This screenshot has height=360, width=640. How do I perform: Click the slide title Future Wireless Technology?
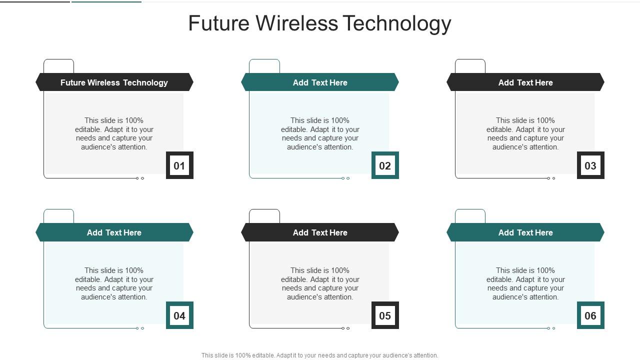(319, 23)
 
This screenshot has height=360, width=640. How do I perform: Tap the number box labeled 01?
(179, 165)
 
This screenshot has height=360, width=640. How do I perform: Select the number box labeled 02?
(385, 165)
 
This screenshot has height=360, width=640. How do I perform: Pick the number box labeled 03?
(590, 165)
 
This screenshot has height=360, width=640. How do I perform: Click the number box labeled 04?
(179, 315)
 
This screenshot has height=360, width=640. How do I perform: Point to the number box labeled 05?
(385, 315)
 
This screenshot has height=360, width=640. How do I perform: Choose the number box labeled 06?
(590, 315)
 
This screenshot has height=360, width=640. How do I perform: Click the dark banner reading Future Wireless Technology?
(114, 82)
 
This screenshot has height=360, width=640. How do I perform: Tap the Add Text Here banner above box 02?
(320, 82)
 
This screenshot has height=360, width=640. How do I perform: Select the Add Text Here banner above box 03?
(525, 82)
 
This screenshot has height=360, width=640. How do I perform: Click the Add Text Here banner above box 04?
(114, 232)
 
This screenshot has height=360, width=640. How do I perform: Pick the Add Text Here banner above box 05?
(320, 232)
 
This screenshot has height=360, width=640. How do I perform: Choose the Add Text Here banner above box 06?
(525, 232)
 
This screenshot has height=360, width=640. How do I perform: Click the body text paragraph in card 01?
(114, 133)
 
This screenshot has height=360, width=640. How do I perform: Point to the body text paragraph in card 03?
(525, 133)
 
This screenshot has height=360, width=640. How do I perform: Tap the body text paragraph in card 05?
(320, 283)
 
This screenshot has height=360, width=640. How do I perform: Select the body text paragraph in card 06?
(525, 283)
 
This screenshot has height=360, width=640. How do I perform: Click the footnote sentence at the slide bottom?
(319, 355)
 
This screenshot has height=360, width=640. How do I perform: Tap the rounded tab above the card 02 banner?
(264, 66)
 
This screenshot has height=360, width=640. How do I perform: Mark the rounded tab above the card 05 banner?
(264, 216)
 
